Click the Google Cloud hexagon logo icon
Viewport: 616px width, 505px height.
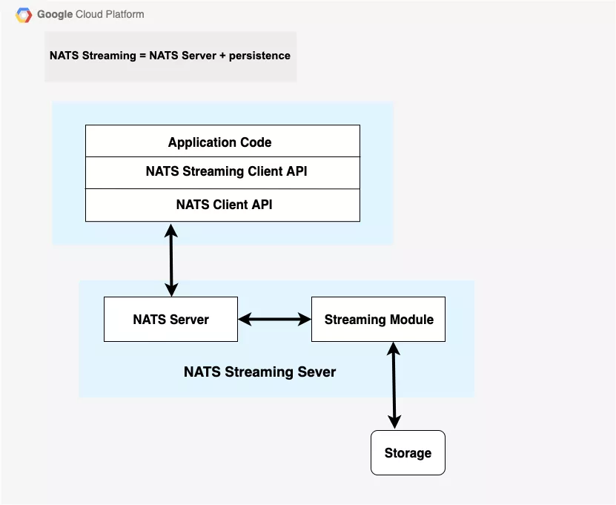(24, 14)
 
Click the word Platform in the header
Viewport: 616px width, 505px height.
(125, 14)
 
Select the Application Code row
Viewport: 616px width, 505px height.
(222, 142)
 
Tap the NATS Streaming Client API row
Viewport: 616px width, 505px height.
(222, 171)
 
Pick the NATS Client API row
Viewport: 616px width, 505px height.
(222, 204)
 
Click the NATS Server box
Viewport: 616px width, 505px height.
(170, 320)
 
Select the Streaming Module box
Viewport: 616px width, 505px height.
(378, 320)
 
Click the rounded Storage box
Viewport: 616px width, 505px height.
(408, 453)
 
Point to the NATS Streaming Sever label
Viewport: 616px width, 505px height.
(259, 372)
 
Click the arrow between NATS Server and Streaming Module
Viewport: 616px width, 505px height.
(274, 320)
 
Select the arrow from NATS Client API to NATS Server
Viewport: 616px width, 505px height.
(171, 260)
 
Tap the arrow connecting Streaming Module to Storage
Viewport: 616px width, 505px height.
(393, 386)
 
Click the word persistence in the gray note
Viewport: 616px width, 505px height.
(259, 56)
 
